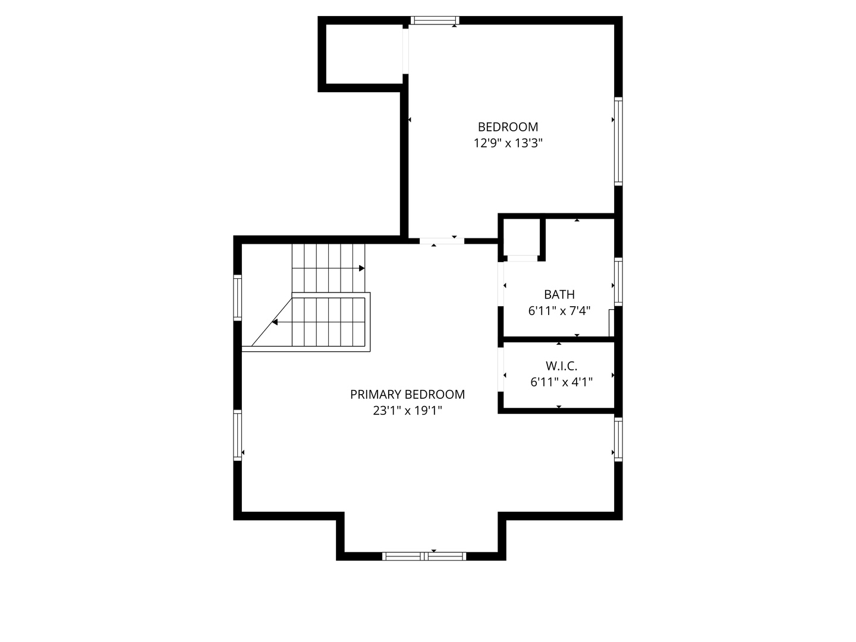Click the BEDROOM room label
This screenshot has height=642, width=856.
[508, 127]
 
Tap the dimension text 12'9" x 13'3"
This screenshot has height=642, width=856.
[508, 143]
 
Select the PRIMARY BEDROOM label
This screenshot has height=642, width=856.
[407, 394]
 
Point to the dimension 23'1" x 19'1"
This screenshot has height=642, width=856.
[407, 411]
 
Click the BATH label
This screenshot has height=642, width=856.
[559, 294]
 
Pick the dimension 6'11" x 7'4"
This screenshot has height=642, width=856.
[559, 311]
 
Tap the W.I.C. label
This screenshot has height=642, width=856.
[561, 366]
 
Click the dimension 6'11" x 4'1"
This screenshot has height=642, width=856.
[561, 382]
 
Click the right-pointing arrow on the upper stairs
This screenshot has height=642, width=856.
[361, 269]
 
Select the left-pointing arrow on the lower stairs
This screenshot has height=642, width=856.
[275, 322]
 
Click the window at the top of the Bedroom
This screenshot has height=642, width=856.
[435, 21]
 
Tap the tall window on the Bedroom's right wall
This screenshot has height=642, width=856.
[618, 141]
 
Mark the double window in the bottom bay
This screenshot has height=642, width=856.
[424, 556]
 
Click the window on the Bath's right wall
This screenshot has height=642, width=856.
[618, 282]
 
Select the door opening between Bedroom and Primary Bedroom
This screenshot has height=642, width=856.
[442, 241]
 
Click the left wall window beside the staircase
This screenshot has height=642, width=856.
[238, 297]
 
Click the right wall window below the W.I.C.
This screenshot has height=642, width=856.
[618, 439]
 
